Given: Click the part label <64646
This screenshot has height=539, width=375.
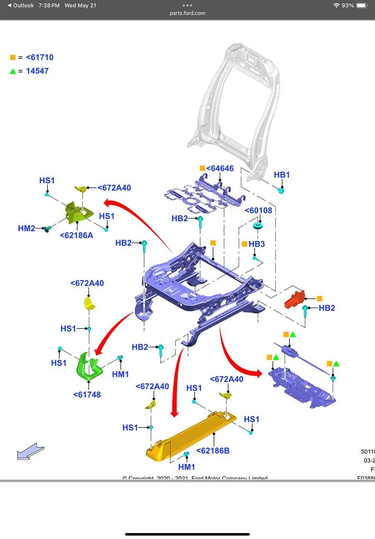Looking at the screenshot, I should [220, 168].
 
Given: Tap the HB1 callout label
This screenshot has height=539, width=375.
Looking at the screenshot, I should [282, 175].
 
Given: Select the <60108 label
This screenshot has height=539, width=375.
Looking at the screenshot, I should [258, 210].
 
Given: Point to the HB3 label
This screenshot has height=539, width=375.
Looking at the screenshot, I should [257, 244].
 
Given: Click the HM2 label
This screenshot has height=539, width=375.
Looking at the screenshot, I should [27, 228].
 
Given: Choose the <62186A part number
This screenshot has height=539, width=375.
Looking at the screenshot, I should [76, 236].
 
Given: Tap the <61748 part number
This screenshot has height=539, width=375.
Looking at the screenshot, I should [87, 395].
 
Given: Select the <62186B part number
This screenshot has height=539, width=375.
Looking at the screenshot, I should [213, 451].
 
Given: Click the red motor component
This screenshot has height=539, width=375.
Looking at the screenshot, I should [294, 299].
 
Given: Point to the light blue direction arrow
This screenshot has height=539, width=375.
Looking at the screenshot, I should [30, 452].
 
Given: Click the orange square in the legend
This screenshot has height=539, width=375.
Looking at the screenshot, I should [13, 58].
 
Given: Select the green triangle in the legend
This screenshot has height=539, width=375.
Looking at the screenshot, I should [13, 71].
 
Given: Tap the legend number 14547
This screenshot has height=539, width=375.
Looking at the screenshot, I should [37, 71].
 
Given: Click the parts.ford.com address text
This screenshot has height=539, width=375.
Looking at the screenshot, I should [187, 13].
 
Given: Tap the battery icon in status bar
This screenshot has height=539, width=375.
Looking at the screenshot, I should [362, 5].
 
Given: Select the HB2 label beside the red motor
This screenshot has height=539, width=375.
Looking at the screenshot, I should [326, 308].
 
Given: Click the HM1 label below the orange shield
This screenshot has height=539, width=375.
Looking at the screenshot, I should [187, 467].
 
